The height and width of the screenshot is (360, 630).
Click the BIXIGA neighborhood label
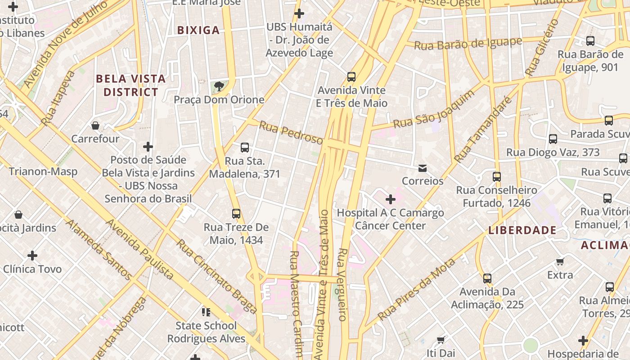198,31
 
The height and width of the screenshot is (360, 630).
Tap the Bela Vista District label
131,85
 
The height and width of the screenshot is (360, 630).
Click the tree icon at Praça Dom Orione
219,86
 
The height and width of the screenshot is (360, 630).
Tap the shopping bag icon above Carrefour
95,126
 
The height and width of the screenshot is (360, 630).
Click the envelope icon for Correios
423,168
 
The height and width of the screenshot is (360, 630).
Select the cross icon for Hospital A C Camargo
391,199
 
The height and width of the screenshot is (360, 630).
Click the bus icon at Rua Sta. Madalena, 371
245,148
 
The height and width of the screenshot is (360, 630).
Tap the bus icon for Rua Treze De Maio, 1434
236,214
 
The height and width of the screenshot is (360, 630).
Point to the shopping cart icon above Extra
560,261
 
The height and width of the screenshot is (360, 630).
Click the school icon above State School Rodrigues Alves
206,312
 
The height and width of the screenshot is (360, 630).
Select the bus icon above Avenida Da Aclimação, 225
487,279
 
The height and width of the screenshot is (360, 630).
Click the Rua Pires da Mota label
417,289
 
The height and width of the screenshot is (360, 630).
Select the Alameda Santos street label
99,249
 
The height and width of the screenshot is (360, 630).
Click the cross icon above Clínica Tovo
32,256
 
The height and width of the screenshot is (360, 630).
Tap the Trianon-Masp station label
43,171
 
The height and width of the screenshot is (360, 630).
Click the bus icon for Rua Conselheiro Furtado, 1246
497,177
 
